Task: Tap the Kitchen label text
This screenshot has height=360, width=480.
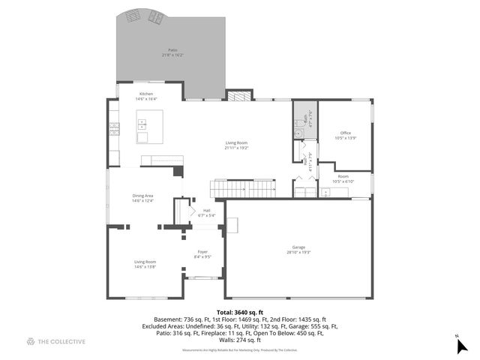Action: (x=145, y=94)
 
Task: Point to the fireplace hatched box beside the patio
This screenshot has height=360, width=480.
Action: (x=237, y=96)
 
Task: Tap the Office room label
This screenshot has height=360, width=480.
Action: (x=345, y=133)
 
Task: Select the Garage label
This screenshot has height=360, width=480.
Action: (x=298, y=247)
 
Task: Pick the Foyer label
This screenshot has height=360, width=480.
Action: (x=202, y=251)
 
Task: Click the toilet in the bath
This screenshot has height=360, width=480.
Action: (x=298, y=122)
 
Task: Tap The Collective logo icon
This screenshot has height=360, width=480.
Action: (x=31, y=341)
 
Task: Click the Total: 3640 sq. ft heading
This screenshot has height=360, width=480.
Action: (x=240, y=312)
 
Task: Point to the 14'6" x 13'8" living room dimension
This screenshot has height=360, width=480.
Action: (x=145, y=267)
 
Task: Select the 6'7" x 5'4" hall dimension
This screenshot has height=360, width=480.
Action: (x=206, y=215)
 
